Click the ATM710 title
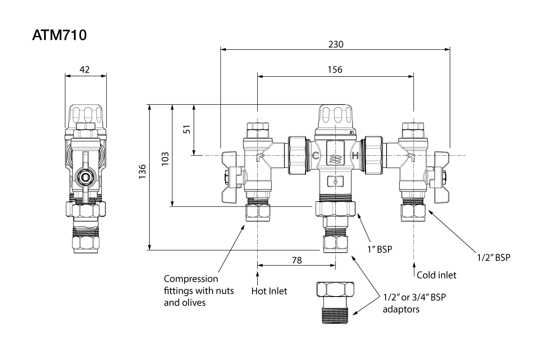click(60, 36)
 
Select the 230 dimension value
click(336, 44)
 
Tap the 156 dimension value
click(335, 70)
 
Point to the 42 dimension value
click(85, 70)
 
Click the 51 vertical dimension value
click(187, 129)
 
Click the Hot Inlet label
click(269, 291)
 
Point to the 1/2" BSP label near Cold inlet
click(493, 257)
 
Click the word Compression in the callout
click(191, 279)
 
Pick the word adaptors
click(401, 310)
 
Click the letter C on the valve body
click(316, 156)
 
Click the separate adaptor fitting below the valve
click(335, 301)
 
